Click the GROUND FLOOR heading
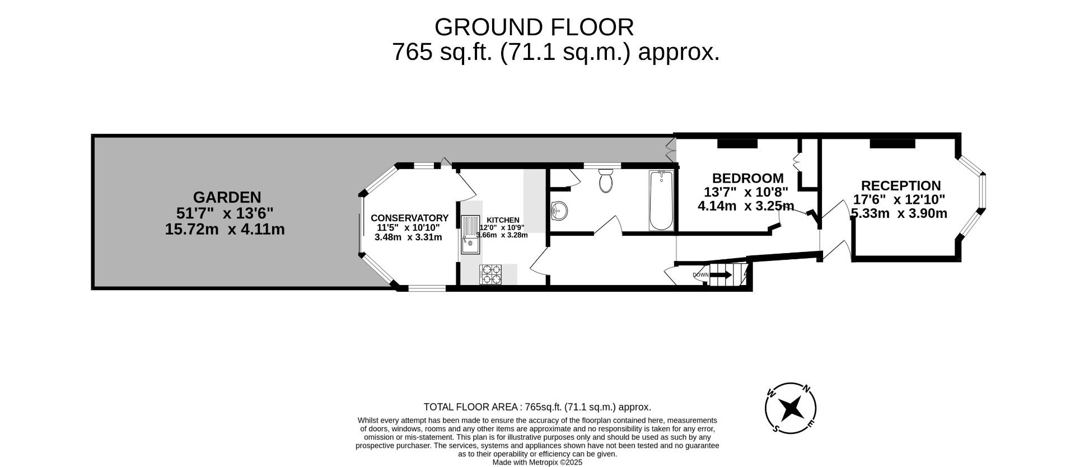pos(534,27)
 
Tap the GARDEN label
pos(227,197)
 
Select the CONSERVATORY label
pos(409,218)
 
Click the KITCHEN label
pos(503,220)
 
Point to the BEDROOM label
pos(747,178)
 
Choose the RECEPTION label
pos(900,185)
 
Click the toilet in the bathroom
pos(606,180)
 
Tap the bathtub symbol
pos(661,200)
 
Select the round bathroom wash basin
pos(559,211)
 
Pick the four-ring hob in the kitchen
pos(490,274)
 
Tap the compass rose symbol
pos(790,408)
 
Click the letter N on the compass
pos(806,389)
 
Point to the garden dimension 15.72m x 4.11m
pos(225,229)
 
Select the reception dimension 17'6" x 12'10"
pos(899,199)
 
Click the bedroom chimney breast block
pos(737,143)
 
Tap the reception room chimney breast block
pos(892,143)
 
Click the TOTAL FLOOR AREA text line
pos(537,407)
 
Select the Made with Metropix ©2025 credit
pos(537,463)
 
